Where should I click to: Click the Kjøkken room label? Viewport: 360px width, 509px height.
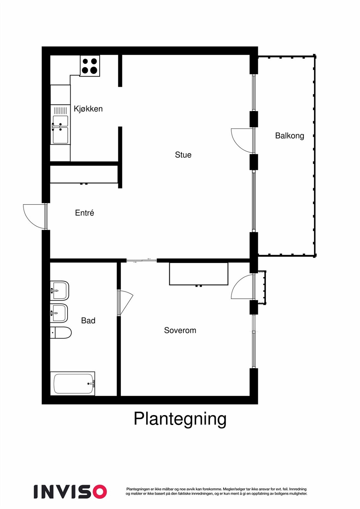click(88, 109)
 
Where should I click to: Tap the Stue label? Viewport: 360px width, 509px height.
click(183, 155)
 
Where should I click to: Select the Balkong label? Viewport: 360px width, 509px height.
click(289, 136)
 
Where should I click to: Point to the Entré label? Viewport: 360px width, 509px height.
click(84, 213)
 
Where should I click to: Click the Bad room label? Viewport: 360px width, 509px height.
click(88, 321)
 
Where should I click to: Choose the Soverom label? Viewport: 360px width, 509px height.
click(180, 331)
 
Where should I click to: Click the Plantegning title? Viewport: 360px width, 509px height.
click(180, 419)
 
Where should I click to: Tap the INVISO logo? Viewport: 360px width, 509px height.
click(70, 492)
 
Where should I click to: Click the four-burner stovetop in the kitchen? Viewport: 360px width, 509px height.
click(90, 66)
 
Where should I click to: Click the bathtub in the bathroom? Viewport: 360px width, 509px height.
click(73, 384)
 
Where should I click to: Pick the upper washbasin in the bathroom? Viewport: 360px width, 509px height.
click(60, 290)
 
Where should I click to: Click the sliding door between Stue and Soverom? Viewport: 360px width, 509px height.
click(142, 261)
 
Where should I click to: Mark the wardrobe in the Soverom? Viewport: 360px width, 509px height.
click(199, 274)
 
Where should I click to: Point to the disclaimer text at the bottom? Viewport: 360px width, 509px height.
click(216, 492)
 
